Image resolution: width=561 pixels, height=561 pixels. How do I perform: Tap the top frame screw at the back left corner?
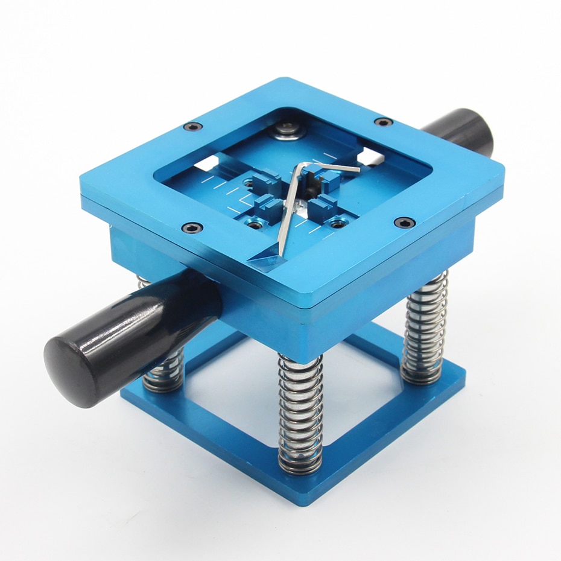tap(192, 127)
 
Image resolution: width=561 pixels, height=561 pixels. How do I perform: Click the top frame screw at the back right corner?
tap(384, 122)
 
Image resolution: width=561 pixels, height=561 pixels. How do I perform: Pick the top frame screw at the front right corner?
tap(404, 223)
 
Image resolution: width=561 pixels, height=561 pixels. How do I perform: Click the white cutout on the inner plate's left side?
tap(207, 162)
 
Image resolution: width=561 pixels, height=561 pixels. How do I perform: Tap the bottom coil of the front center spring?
tap(300, 466)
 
